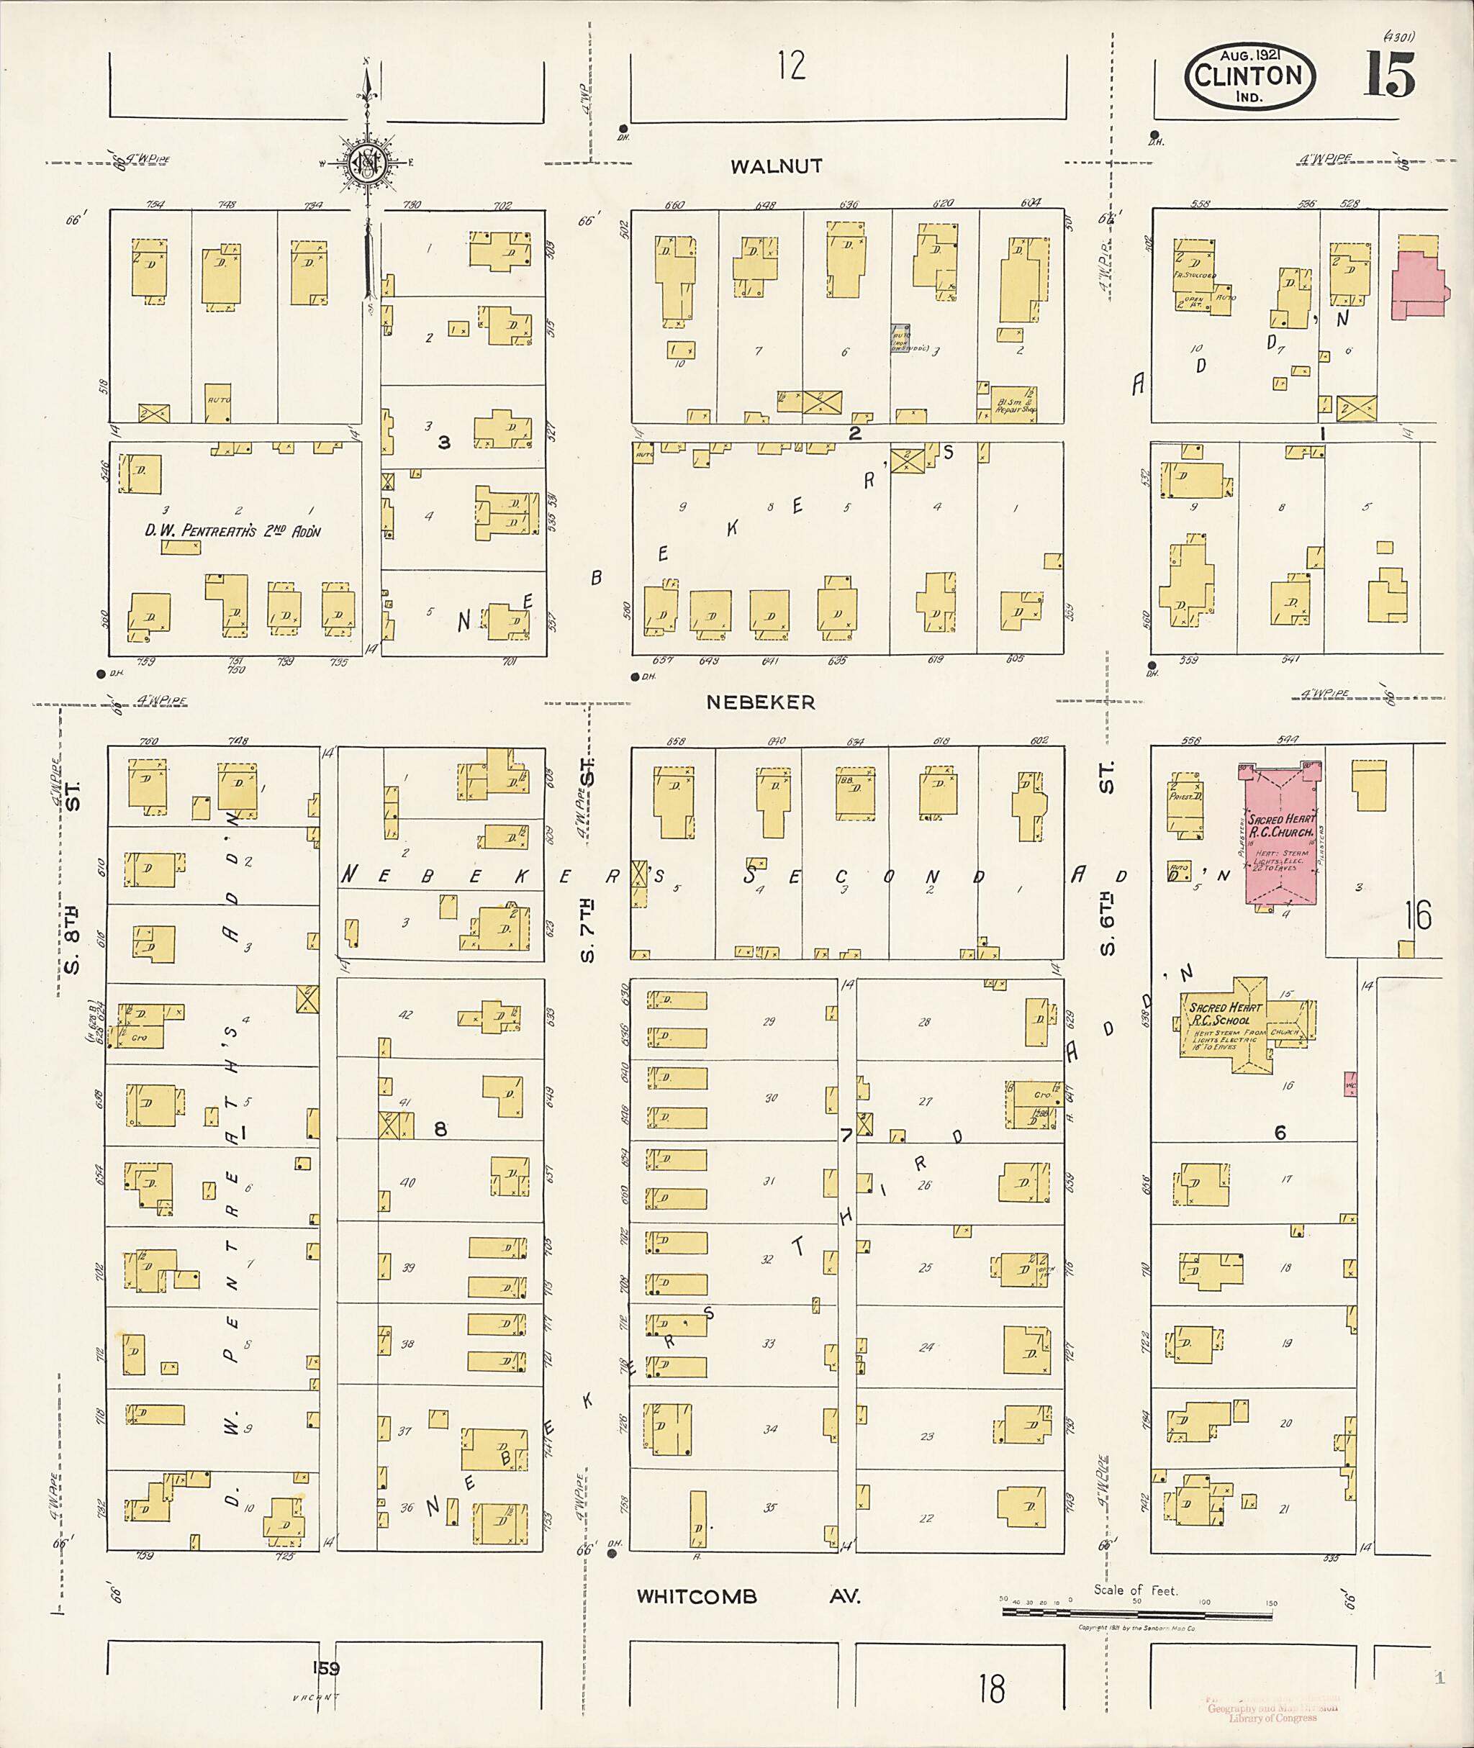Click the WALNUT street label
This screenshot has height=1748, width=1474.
pyautogui.click(x=777, y=166)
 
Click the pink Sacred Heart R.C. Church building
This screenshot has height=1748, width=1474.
pyautogui.click(x=1279, y=841)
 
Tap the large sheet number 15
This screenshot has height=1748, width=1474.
pyautogui.click(x=1390, y=75)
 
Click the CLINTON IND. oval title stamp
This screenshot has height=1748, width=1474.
pyautogui.click(x=1249, y=77)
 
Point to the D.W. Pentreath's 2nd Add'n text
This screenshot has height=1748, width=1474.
pyautogui.click(x=232, y=531)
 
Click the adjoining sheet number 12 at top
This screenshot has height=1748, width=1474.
pyautogui.click(x=790, y=65)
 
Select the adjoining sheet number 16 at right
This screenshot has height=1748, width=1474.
pyautogui.click(x=1417, y=916)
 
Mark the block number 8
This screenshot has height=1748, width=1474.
pyautogui.click(x=440, y=1130)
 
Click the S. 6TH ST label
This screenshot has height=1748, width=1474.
pyautogui.click(x=1107, y=861)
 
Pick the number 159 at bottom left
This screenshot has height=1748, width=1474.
pyautogui.click(x=326, y=1668)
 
